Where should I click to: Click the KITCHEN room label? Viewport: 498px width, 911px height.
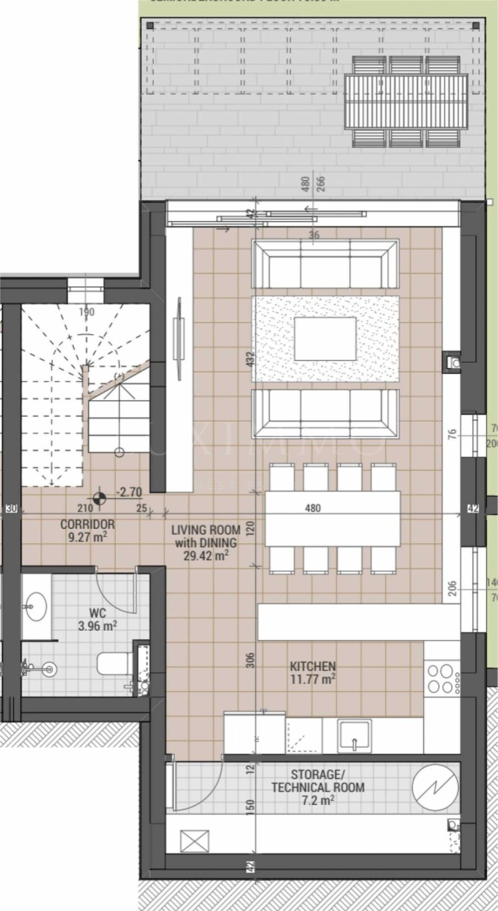(312, 673)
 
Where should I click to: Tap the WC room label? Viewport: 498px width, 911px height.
(98, 620)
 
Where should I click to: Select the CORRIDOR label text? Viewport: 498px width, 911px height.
(87, 530)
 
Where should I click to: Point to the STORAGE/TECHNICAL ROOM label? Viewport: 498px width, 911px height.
(317, 787)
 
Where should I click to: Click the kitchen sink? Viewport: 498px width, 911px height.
(355, 736)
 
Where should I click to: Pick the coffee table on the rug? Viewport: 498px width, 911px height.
(325, 339)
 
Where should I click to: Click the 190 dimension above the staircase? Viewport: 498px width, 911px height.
(87, 312)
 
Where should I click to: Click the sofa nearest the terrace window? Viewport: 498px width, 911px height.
(325, 264)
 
